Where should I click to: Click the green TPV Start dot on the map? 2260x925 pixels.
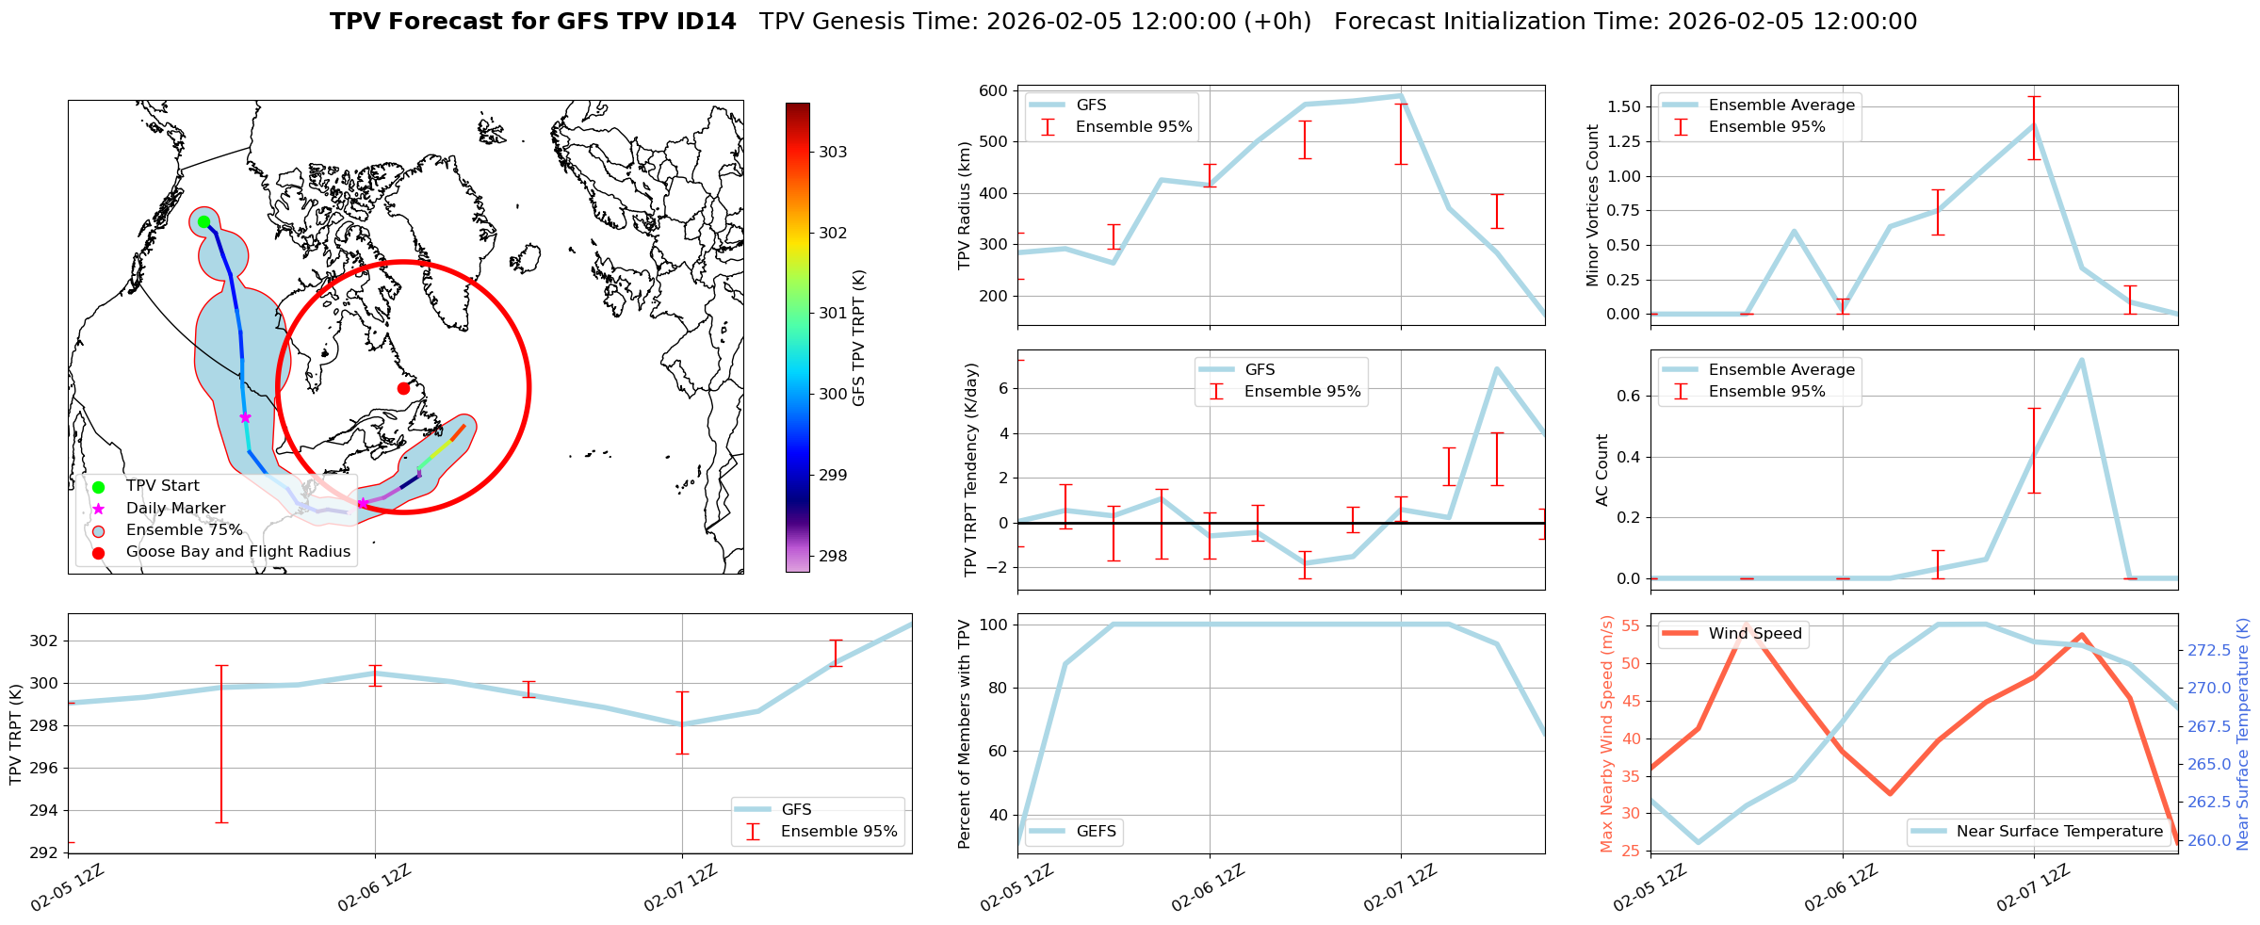pos(203,222)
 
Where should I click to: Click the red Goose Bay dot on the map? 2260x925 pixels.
pos(403,388)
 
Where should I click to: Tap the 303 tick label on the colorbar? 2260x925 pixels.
pos(833,153)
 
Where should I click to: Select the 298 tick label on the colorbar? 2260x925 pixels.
pos(833,556)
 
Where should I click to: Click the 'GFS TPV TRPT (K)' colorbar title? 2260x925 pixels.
pos(858,338)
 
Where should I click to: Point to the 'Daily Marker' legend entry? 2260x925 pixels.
pos(175,509)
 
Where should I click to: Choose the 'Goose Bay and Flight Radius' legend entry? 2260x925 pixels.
pos(237,552)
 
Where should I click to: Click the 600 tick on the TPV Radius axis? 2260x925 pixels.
pos(994,91)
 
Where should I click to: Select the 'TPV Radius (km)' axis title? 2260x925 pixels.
pos(964,205)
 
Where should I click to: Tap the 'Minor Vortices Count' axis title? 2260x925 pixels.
pos(1593,205)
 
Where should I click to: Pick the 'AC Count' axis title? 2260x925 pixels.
pos(1602,470)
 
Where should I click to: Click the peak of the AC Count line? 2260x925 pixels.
pos(2081,359)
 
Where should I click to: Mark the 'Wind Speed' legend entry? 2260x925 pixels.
pos(1754,634)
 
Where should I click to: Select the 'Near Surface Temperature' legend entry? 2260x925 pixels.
pos(2058,831)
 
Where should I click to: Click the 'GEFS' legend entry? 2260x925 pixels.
pos(1096,831)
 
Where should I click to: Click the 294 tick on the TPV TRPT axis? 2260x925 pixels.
pos(44,810)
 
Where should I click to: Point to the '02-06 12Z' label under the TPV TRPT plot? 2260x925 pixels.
pos(375,888)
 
